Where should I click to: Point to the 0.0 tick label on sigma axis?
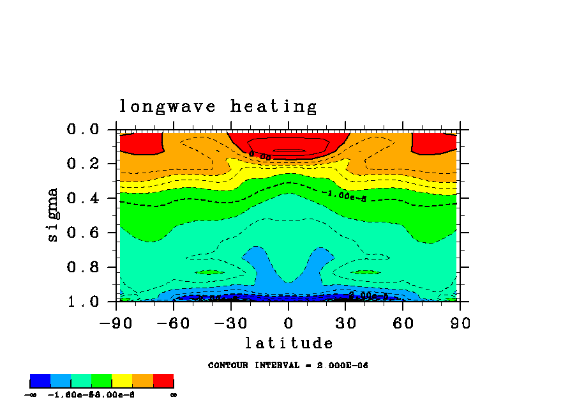pyautogui.click(x=83, y=130)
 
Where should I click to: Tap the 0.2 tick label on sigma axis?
pyautogui.click(x=83, y=164)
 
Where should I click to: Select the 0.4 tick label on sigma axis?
pyautogui.click(x=83, y=199)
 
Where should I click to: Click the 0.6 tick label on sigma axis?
pyautogui.click(x=83, y=233)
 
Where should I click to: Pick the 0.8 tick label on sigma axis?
pyautogui.click(x=83, y=267)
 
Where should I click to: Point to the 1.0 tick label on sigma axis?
pyautogui.click(x=83, y=302)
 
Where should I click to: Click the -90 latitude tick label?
pyautogui.click(x=116, y=323)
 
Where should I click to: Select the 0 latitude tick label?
pyautogui.click(x=288, y=323)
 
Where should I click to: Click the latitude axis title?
pyautogui.click(x=289, y=344)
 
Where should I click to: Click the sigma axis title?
pyautogui.click(x=53, y=214)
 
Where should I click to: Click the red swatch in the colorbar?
pyautogui.click(x=163, y=381)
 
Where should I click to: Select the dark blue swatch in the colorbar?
pyautogui.click(x=40, y=381)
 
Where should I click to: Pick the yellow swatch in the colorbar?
pyautogui.click(x=122, y=381)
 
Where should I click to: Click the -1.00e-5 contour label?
pyautogui.click(x=344, y=196)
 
